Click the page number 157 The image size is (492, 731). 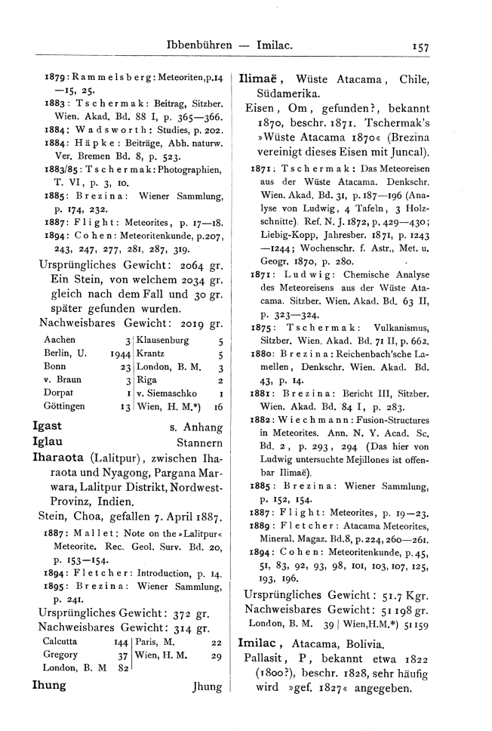pyautogui.click(x=421, y=47)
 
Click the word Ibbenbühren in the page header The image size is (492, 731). pyautogui.click(x=199, y=47)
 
